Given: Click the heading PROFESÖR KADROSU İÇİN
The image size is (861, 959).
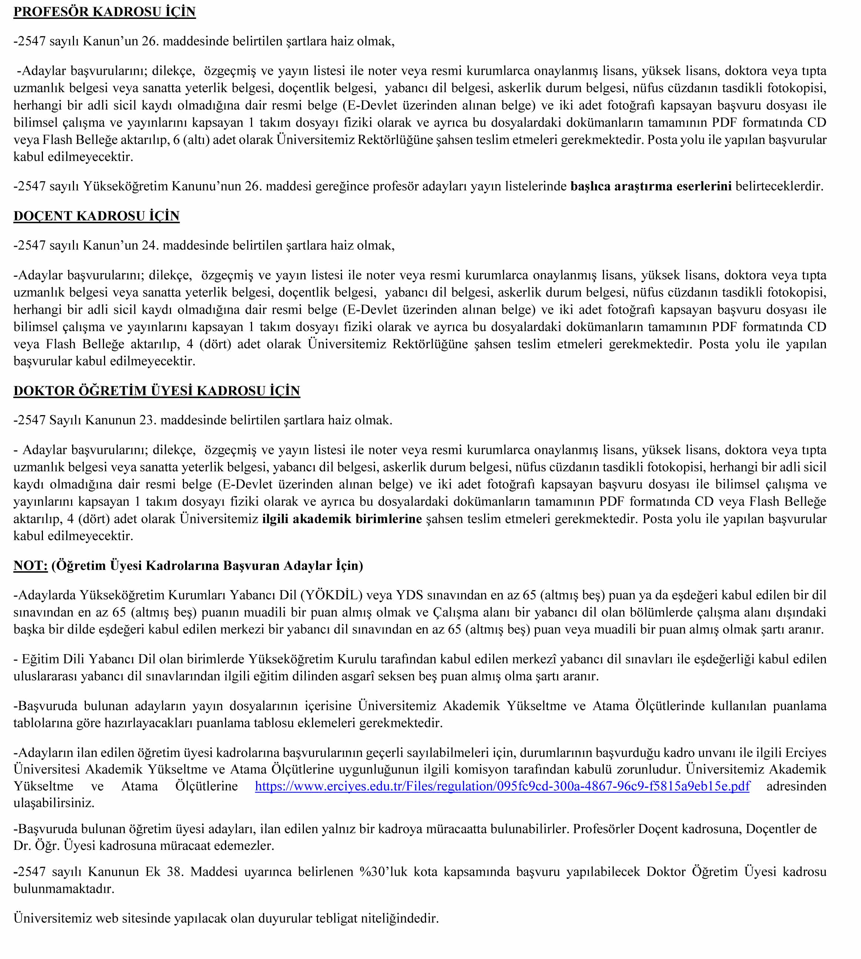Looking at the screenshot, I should click(x=104, y=12).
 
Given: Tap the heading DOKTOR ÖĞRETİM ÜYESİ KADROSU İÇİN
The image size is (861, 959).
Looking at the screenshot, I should click(x=157, y=391).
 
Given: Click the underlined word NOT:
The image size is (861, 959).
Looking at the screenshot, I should click(x=30, y=566).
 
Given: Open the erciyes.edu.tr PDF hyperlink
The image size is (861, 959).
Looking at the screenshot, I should click(x=502, y=786).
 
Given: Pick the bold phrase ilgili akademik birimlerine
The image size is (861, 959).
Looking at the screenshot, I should click(x=342, y=519).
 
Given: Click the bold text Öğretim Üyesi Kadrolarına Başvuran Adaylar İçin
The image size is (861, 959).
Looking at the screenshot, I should click(x=207, y=566).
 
